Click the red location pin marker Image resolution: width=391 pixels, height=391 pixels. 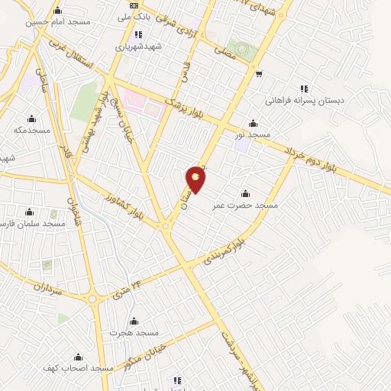[196, 179]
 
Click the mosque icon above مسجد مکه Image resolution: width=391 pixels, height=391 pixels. [31, 118]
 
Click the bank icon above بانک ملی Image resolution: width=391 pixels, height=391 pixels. [134, 5]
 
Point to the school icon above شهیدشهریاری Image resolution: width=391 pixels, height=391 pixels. [137, 34]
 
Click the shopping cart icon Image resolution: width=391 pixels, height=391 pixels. [260, 74]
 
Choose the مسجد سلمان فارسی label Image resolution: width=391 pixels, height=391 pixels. [32, 223]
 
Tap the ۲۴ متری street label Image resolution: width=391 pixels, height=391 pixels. [128, 289]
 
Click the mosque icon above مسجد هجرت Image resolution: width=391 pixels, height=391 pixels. [134, 321]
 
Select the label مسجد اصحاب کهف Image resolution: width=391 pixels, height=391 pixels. [80, 368]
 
